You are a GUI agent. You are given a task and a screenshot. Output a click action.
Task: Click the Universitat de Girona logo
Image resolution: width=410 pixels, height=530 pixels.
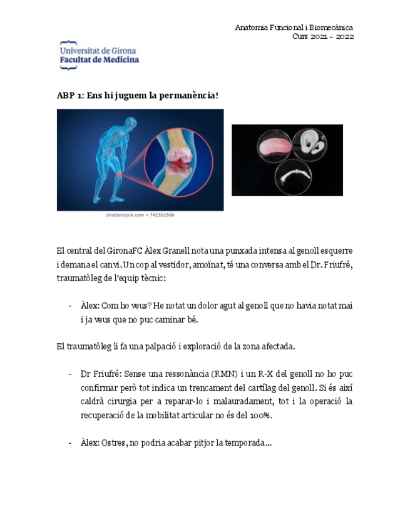tap(99, 55)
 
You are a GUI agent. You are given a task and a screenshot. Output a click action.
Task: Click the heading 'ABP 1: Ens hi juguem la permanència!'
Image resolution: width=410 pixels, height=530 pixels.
tap(137, 96)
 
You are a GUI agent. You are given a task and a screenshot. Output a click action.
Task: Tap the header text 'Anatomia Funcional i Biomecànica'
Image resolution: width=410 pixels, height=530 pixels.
tap(294, 27)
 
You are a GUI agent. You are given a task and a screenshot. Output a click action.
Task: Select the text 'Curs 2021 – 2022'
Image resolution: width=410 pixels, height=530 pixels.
tap(323, 36)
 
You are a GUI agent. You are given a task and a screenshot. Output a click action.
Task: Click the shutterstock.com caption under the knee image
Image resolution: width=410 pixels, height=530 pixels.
tap(140, 215)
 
